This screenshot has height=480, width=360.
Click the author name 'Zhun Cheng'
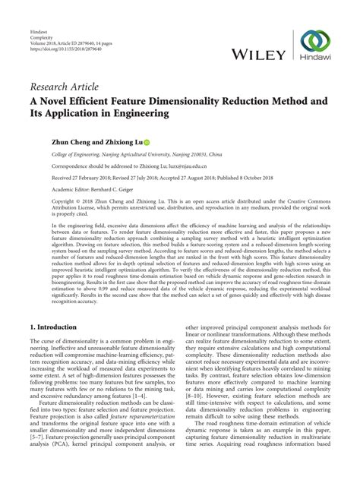click(x=52, y=141)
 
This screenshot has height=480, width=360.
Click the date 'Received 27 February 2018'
click(x=65, y=178)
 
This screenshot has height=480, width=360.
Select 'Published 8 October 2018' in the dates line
click(x=248, y=178)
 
